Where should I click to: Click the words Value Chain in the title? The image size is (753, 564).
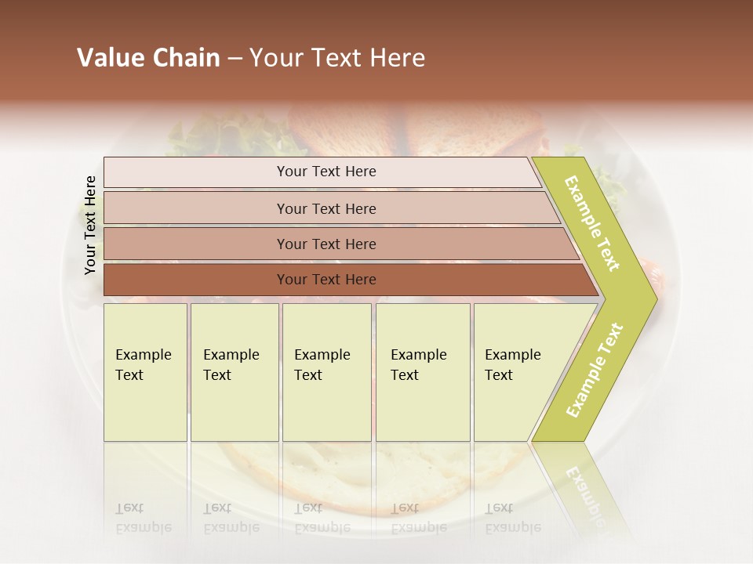(148, 58)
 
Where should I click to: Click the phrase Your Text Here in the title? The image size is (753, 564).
(337, 58)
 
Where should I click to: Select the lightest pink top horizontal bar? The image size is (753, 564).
(326, 172)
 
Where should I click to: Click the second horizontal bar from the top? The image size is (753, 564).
(326, 208)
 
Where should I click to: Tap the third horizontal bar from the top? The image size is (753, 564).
(326, 244)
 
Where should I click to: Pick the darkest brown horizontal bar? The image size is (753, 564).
(326, 280)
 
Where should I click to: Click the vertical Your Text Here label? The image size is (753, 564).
(90, 225)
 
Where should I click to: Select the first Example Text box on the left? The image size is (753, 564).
(145, 371)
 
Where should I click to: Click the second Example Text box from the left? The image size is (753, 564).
(235, 371)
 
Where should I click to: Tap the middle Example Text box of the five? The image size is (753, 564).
(326, 371)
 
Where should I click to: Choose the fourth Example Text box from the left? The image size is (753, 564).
(423, 371)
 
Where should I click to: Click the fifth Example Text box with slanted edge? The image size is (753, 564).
(518, 371)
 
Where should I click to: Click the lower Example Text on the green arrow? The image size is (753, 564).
(595, 370)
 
